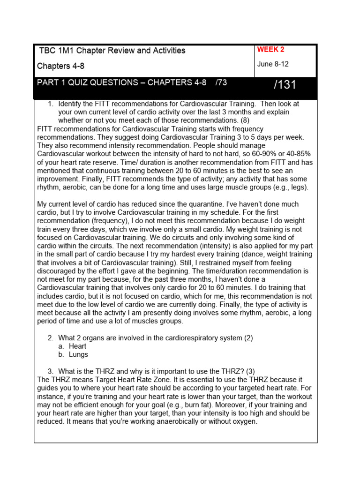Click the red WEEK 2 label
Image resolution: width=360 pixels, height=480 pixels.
click(x=270, y=50)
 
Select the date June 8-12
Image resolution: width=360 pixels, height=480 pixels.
click(x=272, y=64)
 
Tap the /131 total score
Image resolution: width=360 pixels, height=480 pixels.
click(x=285, y=85)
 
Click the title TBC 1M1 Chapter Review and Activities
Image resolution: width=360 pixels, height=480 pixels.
click(x=112, y=51)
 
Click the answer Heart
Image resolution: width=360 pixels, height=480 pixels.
click(x=77, y=346)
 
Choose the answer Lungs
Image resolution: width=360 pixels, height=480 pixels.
click(x=78, y=354)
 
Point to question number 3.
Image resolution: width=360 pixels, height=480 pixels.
click(x=51, y=371)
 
